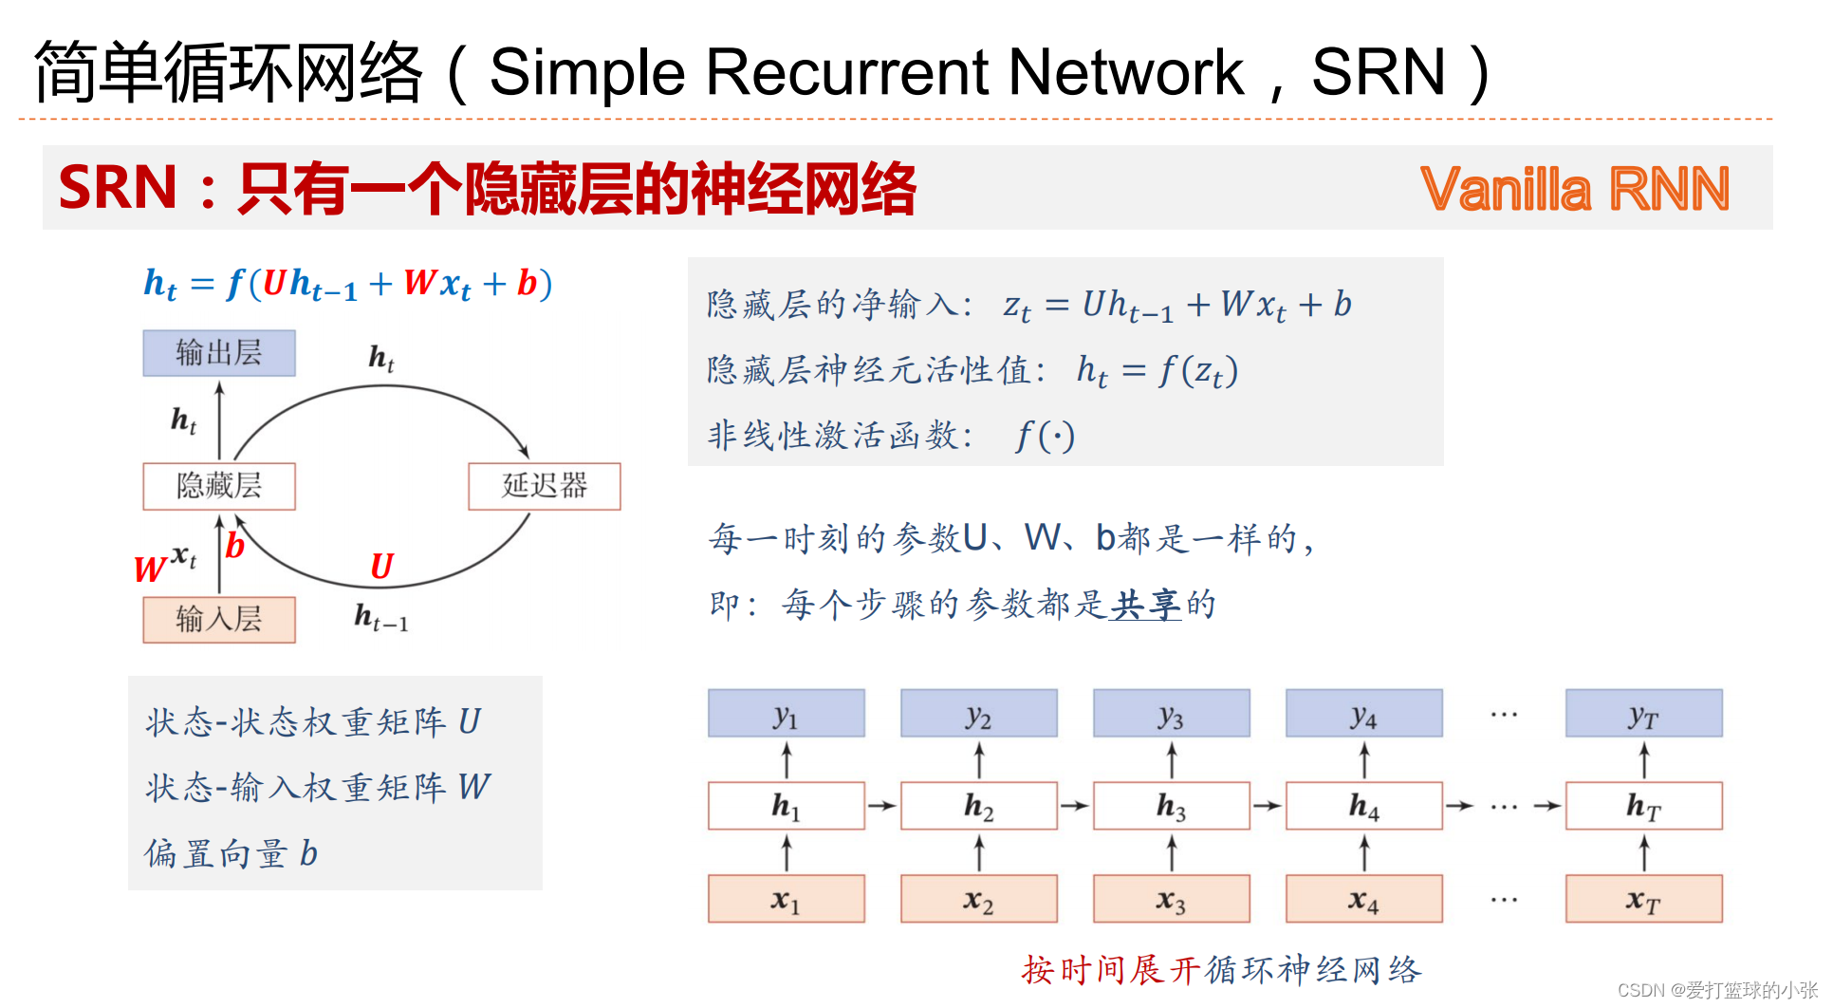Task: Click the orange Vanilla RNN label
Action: click(x=1575, y=188)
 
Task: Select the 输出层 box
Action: click(x=219, y=353)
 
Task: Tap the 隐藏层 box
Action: click(x=219, y=486)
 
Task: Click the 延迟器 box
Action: click(x=545, y=486)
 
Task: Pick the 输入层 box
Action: click(x=219, y=620)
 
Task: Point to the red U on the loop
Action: click(x=381, y=567)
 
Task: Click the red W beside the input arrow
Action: click(x=149, y=569)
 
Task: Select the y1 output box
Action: click(x=787, y=714)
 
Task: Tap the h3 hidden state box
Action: click(x=1172, y=806)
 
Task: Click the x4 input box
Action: click(x=1364, y=899)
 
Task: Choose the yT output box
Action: click(x=1644, y=714)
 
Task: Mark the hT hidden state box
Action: click(x=1644, y=806)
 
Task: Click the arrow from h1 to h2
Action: click(x=882, y=806)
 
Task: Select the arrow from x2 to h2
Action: click(x=979, y=852)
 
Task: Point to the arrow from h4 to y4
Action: click(x=1364, y=760)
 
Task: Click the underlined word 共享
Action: click(x=1145, y=604)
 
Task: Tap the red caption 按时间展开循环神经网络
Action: click(x=1222, y=970)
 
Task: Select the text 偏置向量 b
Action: click(x=231, y=854)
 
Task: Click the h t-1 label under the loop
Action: click(x=381, y=618)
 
